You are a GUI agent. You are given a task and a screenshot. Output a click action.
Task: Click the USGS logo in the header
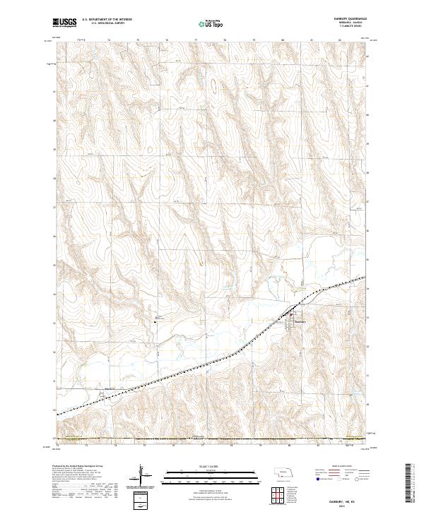[65, 23]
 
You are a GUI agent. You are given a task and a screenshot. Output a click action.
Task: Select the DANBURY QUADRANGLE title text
[345, 19]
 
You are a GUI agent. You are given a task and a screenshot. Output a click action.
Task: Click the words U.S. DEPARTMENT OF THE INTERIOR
[107, 20]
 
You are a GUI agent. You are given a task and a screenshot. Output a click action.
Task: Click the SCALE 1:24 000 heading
[212, 466]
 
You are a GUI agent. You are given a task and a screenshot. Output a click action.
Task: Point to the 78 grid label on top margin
[225, 41]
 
